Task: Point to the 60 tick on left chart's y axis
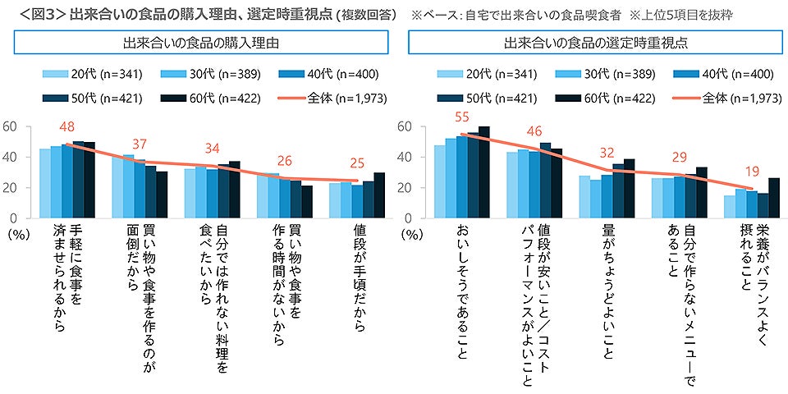pos(11,126)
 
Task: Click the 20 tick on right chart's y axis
pos(403,187)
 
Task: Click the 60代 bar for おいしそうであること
pos(483,172)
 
